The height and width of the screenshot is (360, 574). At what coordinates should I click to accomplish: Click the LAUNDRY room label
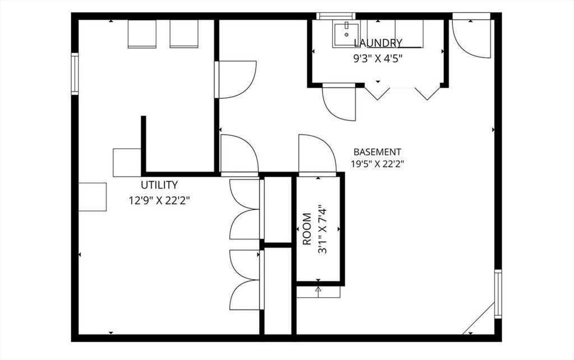pos(378,43)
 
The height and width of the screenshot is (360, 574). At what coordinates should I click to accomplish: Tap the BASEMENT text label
pos(377,151)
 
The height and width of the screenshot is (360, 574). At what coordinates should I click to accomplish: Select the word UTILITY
pos(160,184)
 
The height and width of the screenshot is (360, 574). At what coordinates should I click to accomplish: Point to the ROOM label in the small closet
pos(307,229)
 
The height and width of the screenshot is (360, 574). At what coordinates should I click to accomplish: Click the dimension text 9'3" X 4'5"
pos(378,59)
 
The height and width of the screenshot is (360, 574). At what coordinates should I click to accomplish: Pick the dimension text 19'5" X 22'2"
pos(377,164)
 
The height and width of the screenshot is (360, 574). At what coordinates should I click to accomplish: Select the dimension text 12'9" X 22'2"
pos(159,200)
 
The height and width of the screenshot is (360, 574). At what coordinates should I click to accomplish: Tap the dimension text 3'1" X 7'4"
pos(322,229)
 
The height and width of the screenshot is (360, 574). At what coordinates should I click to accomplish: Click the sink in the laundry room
pos(346,34)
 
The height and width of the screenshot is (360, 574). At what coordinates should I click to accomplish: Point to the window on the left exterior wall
pos(75,73)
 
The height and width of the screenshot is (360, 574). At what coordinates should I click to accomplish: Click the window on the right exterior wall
pos(498,294)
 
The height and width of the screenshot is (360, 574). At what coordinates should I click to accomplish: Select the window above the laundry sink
pos(336,16)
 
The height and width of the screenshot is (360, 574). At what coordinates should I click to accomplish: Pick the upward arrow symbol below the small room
pos(318,290)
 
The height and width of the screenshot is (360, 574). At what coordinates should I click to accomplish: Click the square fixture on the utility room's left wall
pos(92,197)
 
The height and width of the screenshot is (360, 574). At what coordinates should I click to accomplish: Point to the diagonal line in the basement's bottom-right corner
pos(479,319)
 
